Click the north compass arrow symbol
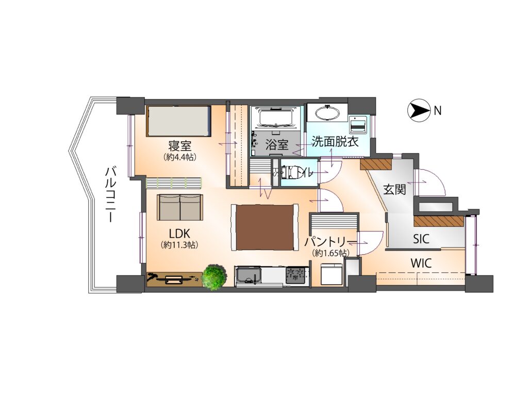pos(419,110)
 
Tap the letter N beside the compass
pos(437,110)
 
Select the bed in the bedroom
pos(179,121)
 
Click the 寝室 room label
pos(180,146)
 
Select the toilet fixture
pos(292,172)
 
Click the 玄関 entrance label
pos(394,190)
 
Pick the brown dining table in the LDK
pos(265,227)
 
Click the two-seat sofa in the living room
pos(180,207)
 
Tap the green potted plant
pos(213,277)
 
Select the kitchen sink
pos(249,277)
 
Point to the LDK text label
pos(180,233)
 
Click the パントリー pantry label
pos(331,242)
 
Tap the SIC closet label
pos(421,239)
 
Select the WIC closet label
pos(421,263)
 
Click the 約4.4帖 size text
pos(180,157)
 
